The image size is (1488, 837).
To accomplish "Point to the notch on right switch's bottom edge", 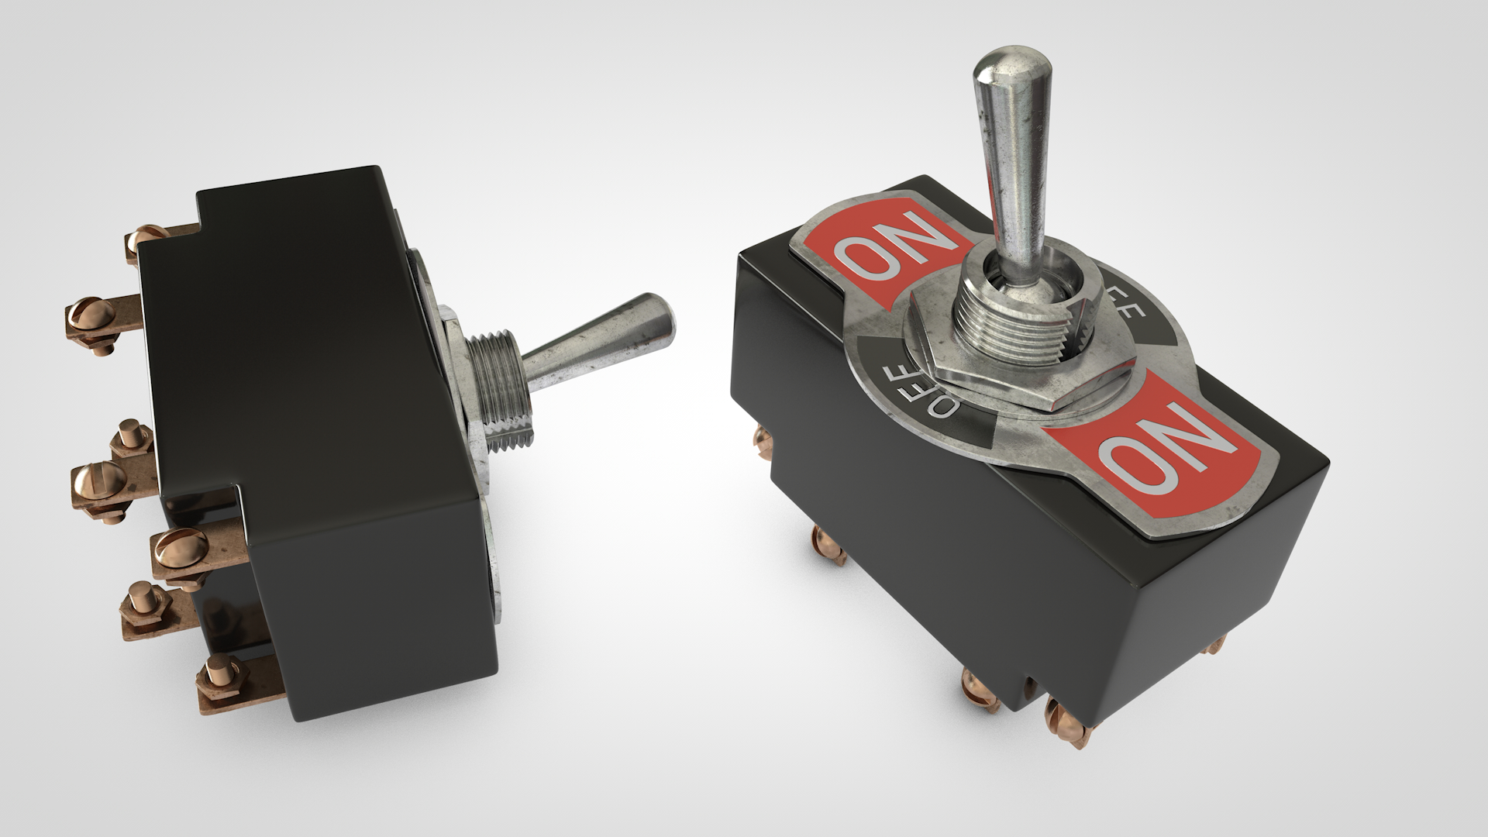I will [x=1030, y=686].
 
